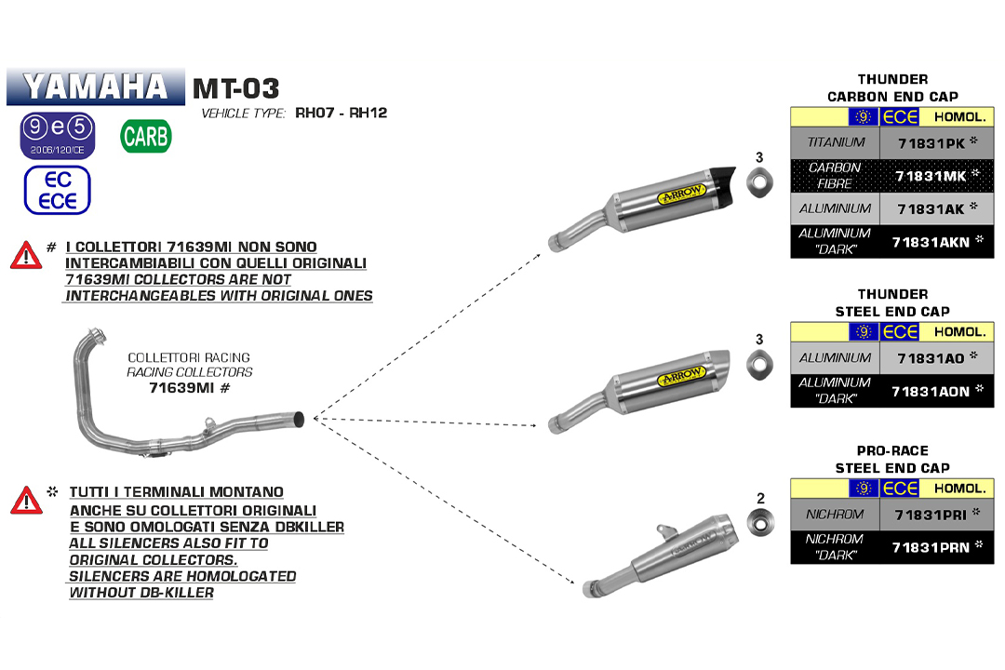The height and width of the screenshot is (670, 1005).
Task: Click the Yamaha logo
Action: (x=96, y=87)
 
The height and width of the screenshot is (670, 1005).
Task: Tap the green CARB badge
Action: (x=146, y=136)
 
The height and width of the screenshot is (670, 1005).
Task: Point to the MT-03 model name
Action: (x=235, y=88)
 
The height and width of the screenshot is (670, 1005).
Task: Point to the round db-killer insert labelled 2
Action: (x=760, y=523)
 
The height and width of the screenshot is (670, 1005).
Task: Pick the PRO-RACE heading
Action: (x=892, y=450)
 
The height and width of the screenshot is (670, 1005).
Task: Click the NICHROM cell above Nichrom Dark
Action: (x=836, y=514)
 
